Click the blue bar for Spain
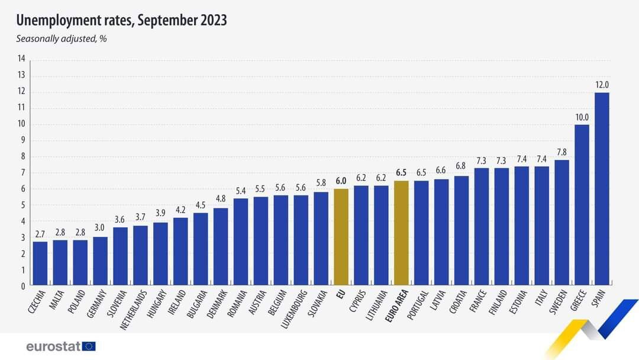(602, 189)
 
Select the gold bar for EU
(341, 237)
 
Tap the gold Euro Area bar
(401, 233)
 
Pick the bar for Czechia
(40, 264)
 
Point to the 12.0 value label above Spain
(602, 85)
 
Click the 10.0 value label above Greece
(582, 117)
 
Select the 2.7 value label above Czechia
(40, 234)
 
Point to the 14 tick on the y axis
(22, 59)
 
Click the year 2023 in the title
(209, 21)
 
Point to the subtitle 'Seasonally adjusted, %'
(60, 39)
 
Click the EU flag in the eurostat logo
(89, 346)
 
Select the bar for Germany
(100, 262)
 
